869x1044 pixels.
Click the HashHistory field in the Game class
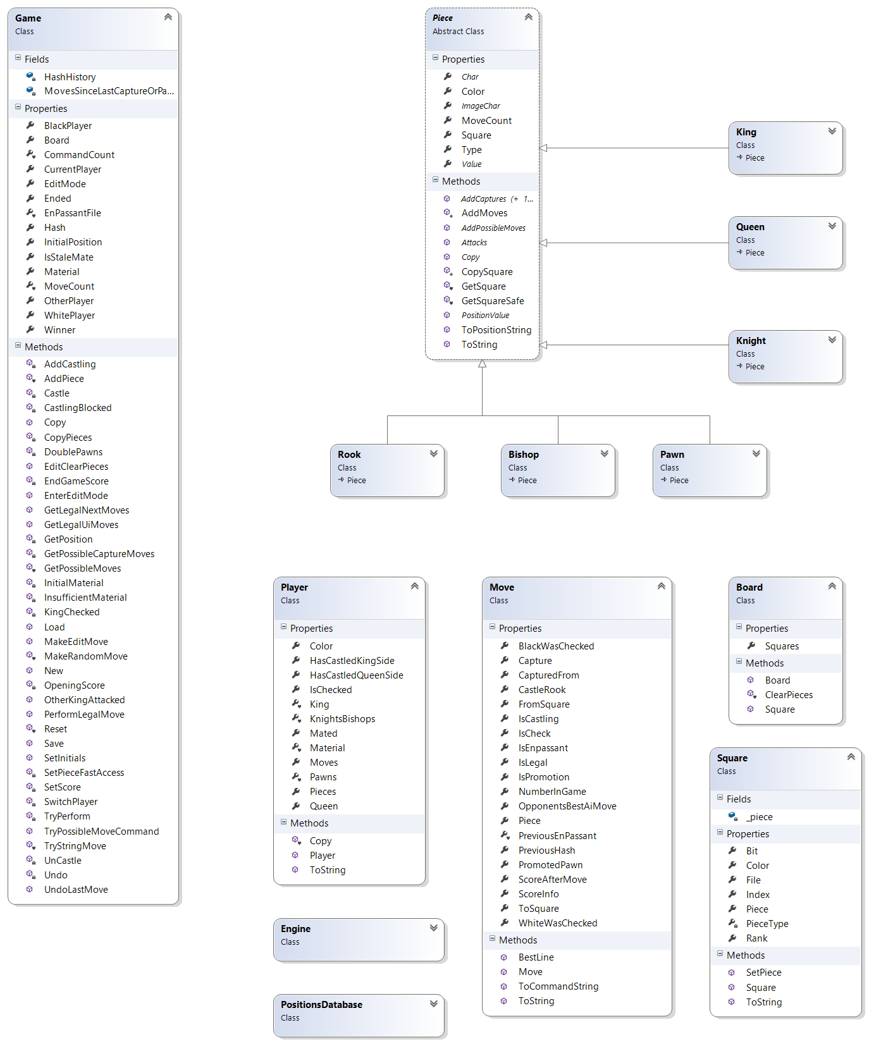tap(70, 77)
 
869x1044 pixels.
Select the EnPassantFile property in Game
tap(72, 213)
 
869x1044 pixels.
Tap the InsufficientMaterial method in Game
tap(85, 598)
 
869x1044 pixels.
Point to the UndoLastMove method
tap(76, 890)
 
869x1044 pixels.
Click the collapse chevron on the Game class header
tap(168, 17)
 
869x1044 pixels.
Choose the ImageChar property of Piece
tap(481, 106)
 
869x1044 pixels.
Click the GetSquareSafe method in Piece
tap(493, 301)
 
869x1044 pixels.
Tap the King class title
tap(746, 132)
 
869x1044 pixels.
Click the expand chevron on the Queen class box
tap(832, 226)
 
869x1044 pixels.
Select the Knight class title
tap(751, 341)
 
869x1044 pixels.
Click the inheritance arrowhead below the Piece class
tap(482, 364)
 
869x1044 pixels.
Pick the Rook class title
tap(349, 455)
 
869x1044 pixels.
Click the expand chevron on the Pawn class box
tap(756, 453)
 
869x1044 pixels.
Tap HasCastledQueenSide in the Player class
tap(356, 675)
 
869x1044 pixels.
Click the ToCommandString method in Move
tap(558, 986)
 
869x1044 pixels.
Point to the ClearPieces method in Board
tap(789, 695)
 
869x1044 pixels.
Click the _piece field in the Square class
tap(759, 817)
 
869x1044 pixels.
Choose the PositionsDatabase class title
tap(321, 1005)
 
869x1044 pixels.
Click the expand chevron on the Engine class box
tap(434, 928)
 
